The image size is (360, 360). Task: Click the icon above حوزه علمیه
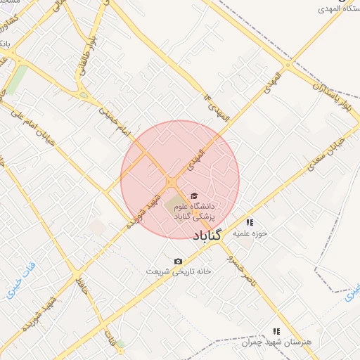pos(249,222)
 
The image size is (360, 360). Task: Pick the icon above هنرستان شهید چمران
pos(276,330)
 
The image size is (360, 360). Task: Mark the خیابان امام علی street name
pos(36,124)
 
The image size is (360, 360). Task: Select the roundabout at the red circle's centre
pos(172,182)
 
